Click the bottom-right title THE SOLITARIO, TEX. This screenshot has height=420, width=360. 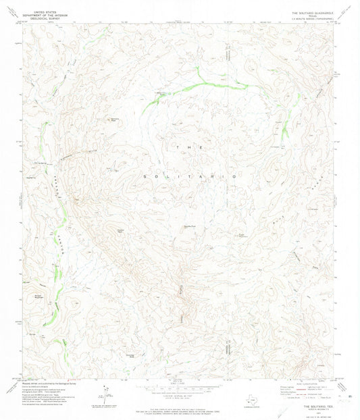point(317,406)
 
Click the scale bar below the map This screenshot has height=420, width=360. point(180,385)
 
